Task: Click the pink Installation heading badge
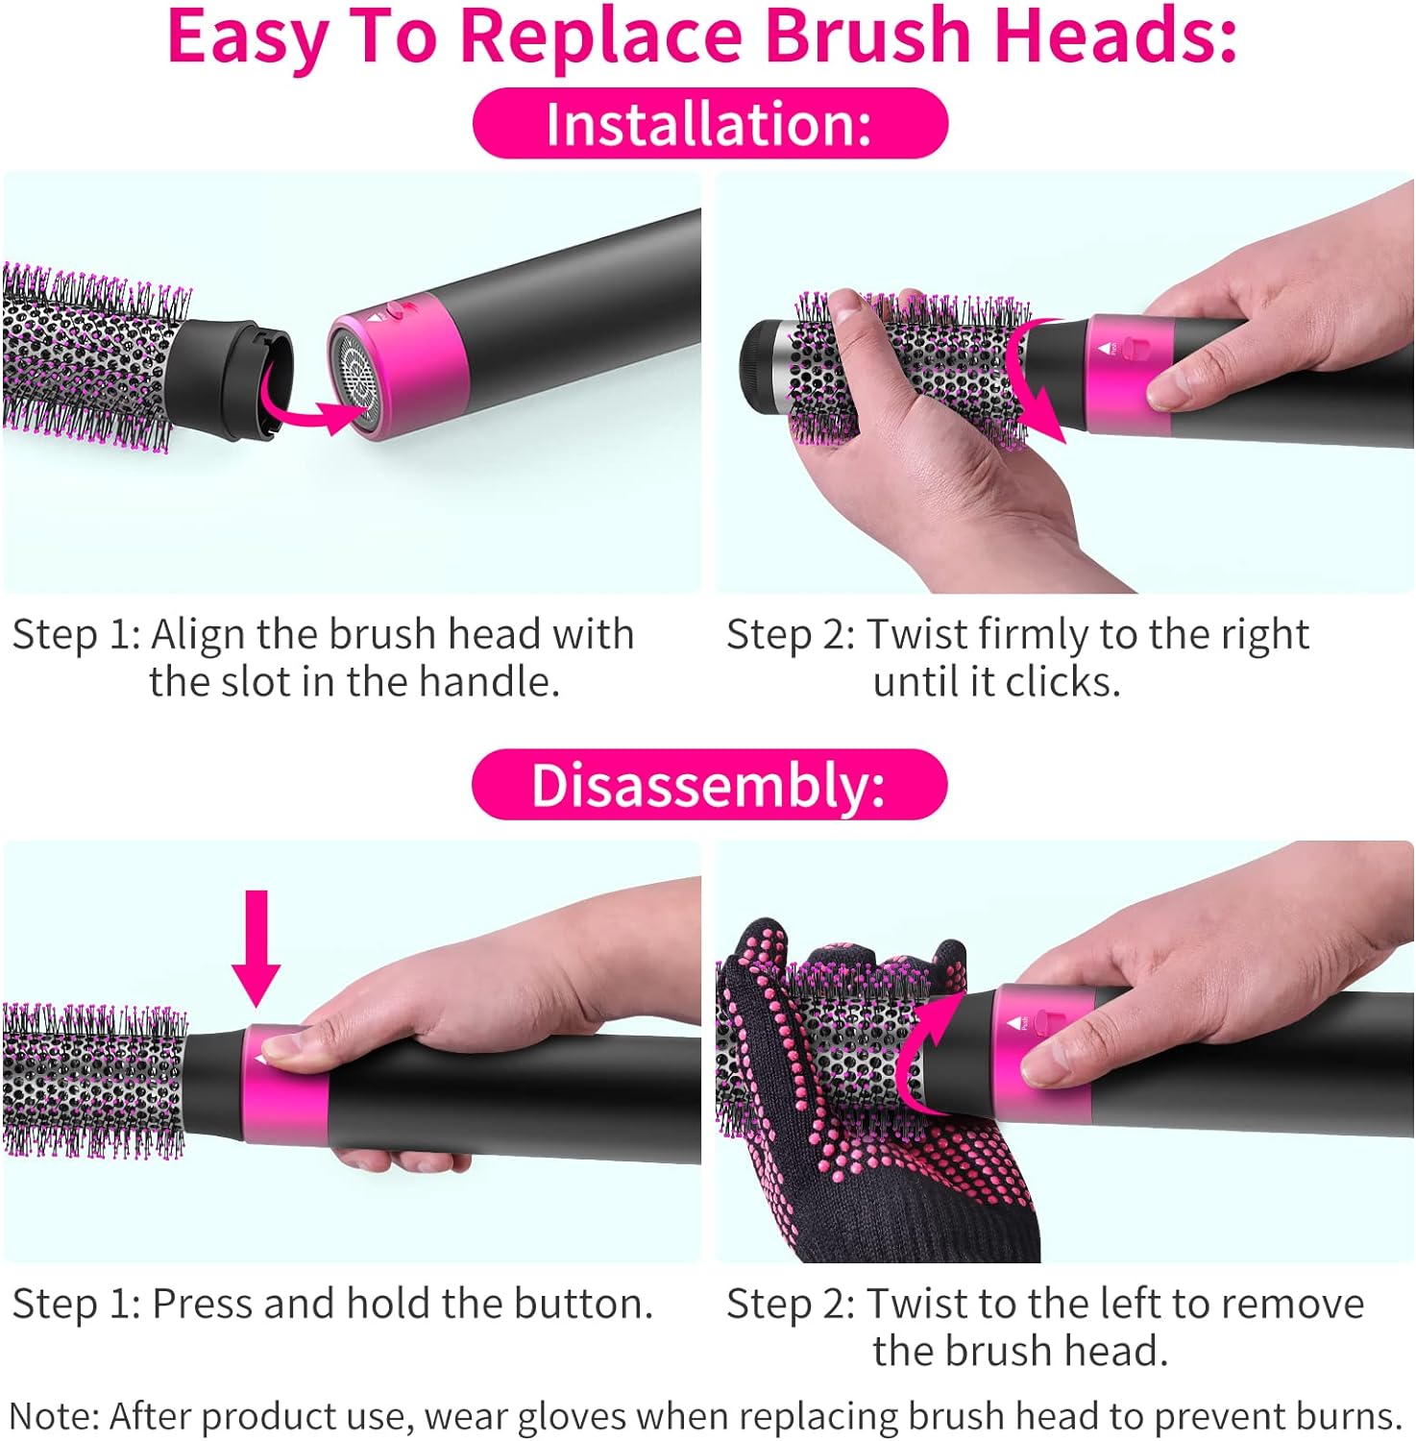tap(710, 124)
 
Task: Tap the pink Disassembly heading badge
tap(709, 785)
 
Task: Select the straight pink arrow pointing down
tap(256, 946)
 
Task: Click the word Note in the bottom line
tap(52, 1416)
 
